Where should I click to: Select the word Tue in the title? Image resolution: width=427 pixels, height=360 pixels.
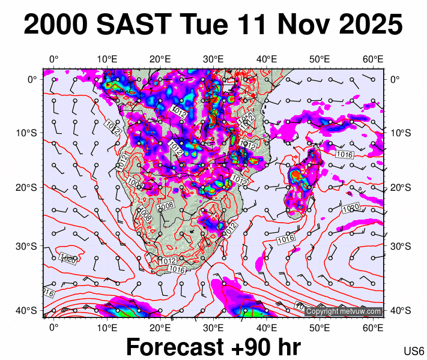coord(204,25)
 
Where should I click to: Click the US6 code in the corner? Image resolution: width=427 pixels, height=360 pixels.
coord(414,351)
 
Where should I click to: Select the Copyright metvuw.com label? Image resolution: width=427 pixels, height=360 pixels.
coord(344,312)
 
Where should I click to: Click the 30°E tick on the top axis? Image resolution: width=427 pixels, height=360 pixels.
coord(213,59)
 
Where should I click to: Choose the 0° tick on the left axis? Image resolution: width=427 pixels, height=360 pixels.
coord(32,79)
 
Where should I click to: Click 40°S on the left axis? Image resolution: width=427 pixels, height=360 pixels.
coord(29,310)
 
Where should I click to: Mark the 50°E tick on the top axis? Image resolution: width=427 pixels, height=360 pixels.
coord(320,59)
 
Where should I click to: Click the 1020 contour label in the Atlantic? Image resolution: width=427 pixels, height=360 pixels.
coord(68,260)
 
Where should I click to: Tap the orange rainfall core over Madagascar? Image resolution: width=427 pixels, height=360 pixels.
coord(295,175)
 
